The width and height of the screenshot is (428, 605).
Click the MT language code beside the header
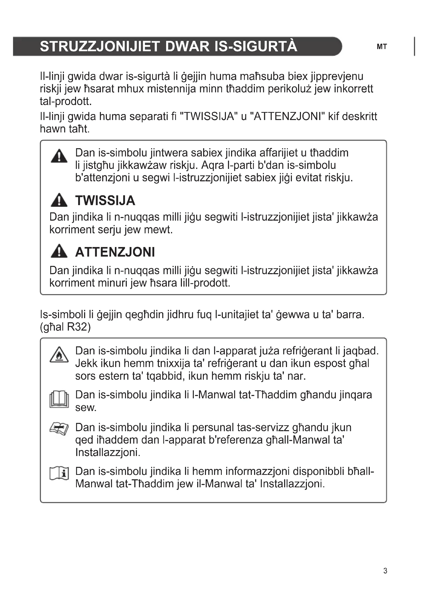coord(382,47)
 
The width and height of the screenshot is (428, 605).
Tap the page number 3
coord(385,571)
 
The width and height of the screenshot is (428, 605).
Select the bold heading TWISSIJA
coord(105,200)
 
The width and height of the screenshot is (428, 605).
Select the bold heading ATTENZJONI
coord(115,252)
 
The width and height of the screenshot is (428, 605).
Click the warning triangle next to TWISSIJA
coord(59,200)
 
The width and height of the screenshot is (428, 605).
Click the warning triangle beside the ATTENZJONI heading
coord(59,251)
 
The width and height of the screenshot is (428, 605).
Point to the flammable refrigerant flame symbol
coord(59,354)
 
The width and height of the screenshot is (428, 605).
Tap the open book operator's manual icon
coord(59,399)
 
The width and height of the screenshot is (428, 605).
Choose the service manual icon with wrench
coord(59,428)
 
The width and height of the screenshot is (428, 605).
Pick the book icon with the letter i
coord(59,473)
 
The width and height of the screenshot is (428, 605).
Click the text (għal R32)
coord(65,327)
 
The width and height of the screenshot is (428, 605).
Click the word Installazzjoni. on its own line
coord(108,452)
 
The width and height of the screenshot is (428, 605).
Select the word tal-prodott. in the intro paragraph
coord(66,101)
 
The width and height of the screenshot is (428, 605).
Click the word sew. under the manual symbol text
coord(86,407)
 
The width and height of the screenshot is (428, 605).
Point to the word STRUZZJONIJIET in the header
coord(100,46)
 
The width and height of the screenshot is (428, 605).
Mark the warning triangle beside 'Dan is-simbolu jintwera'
coord(59,156)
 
